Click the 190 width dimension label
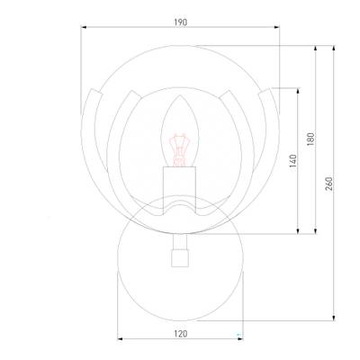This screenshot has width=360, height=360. [180, 22]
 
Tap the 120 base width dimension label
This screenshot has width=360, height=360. [180, 334]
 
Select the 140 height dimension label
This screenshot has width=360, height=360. [293, 160]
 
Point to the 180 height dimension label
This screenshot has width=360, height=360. [310, 139]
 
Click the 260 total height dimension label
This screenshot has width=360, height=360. [328, 184]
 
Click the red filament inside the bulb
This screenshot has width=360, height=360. [179, 150]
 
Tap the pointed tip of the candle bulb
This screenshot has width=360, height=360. [180, 95]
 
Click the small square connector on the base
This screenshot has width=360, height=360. [180, 258]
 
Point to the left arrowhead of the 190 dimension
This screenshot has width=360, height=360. [84, 27]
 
